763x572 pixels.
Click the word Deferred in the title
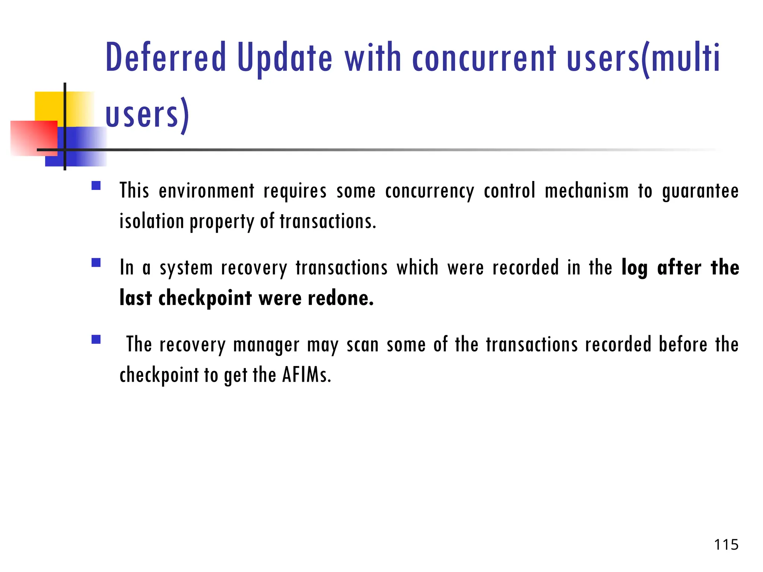click(x=166, y=58)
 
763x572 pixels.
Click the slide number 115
click(x=726, y=545)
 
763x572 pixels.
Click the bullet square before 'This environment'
click(x=96, y=186)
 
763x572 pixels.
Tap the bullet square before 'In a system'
click(x=96, y=263)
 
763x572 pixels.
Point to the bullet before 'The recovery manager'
click(x=96, y=339)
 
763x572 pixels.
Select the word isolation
click(x=152, y=221)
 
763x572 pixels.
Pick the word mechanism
click(x=586, y=191)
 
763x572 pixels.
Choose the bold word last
click(x=136, y=298)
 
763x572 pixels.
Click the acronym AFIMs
click(x=306, y=375)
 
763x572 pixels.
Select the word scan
click(x=362, y=344)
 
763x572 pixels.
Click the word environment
click(x=206, y=191)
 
